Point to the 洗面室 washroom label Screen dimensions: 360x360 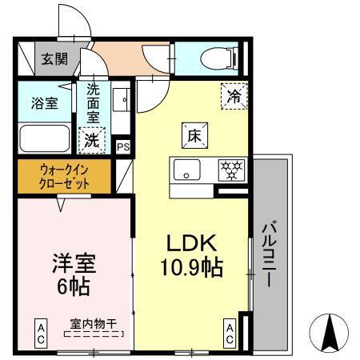[x=94, y=102]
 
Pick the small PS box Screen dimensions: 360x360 [x=123, y=146]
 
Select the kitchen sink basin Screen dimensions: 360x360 [x=189, y=170]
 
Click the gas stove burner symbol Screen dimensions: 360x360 [x=234, y=170]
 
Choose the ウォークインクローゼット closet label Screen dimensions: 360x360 [x=64, y=176]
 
